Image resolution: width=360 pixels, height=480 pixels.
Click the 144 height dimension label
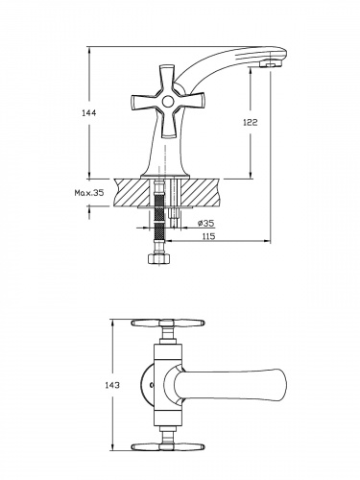tap(89, 113)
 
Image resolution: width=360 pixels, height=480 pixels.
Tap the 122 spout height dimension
tap(251, 122)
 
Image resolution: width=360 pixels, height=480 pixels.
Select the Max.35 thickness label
tap(89, 193)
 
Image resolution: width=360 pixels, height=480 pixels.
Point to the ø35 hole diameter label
tap(206, 223)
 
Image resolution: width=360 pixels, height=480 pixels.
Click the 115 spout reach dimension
tap(208, 236)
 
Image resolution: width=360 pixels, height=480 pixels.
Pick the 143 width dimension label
tap(112, 385)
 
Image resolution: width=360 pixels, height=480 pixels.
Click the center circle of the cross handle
tap(167, 102)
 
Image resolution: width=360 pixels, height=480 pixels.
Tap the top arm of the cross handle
tap(167, 80)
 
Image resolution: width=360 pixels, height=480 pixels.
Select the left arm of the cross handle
tap(146, 102)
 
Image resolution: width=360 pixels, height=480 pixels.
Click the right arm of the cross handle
tap(189, 101)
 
